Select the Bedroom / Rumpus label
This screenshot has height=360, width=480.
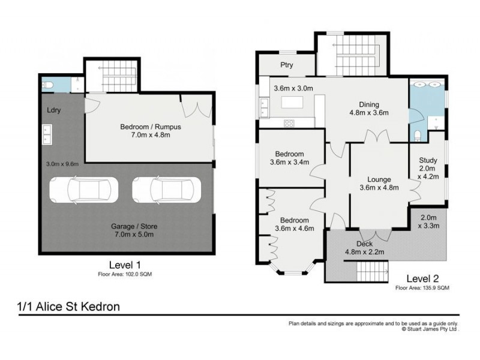[x=151, y=127]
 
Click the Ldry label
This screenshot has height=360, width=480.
[x=55, y=110]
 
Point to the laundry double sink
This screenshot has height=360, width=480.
[x=46, y=134]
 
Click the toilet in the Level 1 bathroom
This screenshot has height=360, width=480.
[x=47, y=85]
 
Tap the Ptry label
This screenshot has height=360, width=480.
[x=287, y=65]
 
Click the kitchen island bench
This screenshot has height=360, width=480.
[x=293, y=103]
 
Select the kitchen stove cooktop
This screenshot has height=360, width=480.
[x=289, y=123]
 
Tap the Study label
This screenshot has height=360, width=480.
[x=428, y=160]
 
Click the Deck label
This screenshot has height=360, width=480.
[x=365, y=244]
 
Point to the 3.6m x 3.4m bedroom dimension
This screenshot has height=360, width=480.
[x=290, y=161]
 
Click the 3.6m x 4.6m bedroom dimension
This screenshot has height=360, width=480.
[x=290, y=228]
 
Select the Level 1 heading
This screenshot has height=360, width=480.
[x=125, y=265]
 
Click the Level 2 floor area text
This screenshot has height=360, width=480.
[x=422, y=288]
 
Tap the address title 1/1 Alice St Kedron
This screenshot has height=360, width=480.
[x=68, y=307]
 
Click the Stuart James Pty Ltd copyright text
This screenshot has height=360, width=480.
[x=430, y=329]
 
